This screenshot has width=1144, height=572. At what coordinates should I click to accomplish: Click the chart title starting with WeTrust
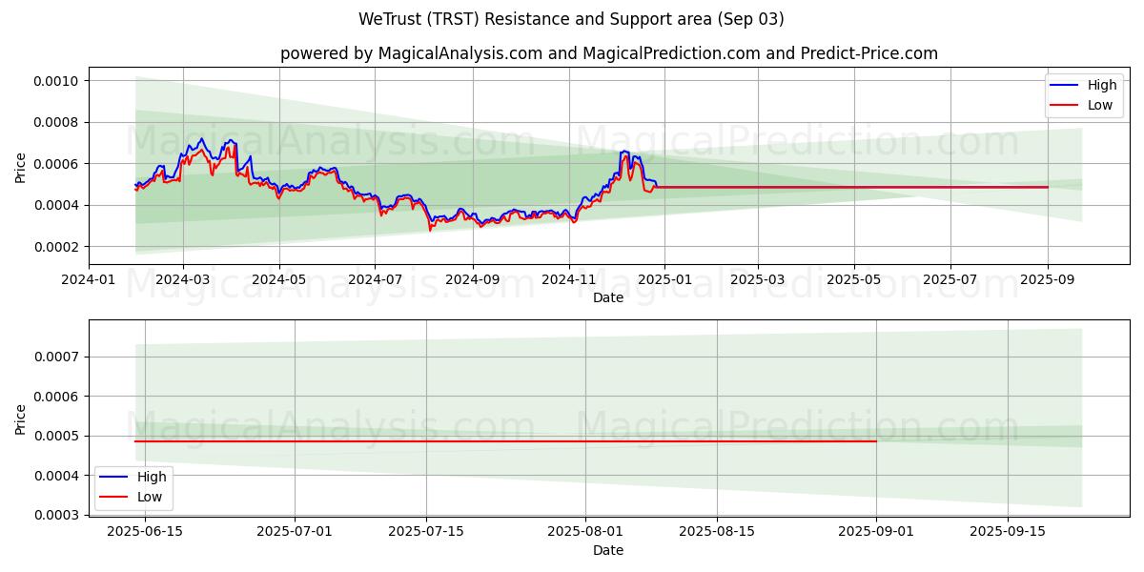pos(571,19)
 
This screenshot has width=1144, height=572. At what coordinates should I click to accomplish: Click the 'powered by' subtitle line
pos(608,53)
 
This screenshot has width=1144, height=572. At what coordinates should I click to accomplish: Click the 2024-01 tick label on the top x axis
pos(89,280)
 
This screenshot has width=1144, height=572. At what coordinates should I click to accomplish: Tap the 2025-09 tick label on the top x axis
pos(1048,280)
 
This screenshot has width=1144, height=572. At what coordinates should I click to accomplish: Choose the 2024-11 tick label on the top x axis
pos(569,280)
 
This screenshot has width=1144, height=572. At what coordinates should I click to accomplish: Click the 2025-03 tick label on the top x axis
pos(758,280)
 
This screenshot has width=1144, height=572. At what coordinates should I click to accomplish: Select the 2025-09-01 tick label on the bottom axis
pos(875,532)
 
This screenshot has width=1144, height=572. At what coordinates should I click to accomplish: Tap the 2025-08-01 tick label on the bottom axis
pos(584,532)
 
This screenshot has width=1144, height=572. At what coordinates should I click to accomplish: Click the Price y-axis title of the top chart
pos(21,167)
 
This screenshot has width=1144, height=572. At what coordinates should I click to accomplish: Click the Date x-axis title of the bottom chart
pos(608,550)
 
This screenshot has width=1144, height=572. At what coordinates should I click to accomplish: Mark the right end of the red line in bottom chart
pos(875,441)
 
